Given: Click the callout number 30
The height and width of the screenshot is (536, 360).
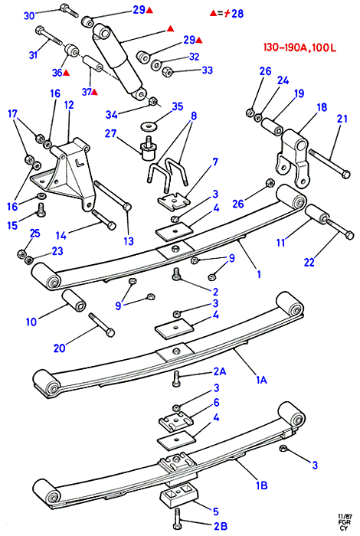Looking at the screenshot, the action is pos(29,16).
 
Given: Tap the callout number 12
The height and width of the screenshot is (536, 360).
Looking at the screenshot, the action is pos(69,105).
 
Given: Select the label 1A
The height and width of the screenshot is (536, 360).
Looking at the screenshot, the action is pos(262,380).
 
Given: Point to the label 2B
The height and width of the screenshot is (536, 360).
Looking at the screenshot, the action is pos(220,526).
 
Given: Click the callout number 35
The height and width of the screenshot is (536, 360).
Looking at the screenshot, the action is pos(178,106).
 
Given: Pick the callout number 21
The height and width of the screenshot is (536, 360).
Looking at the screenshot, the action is pos(342,119).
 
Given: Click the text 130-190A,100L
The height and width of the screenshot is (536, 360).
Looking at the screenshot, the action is pos(299,47).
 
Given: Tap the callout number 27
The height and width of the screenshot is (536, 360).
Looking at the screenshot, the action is pos(111,133).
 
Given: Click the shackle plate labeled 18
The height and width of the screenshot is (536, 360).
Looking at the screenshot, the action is pos(294,158).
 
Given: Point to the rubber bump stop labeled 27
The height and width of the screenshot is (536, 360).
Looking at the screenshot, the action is pos(149,150).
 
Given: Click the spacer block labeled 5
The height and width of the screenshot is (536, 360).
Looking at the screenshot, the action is pos(178,498).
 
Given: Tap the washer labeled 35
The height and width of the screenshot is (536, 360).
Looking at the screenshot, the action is pos(147,126).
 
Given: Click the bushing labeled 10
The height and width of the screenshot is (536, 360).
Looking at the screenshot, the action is pos(74,300).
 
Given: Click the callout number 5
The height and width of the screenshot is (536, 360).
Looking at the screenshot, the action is pos(216,511).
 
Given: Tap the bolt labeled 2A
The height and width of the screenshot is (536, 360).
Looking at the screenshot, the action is pos(176,378).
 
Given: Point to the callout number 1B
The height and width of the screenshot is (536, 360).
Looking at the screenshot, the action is pos(262,485).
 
